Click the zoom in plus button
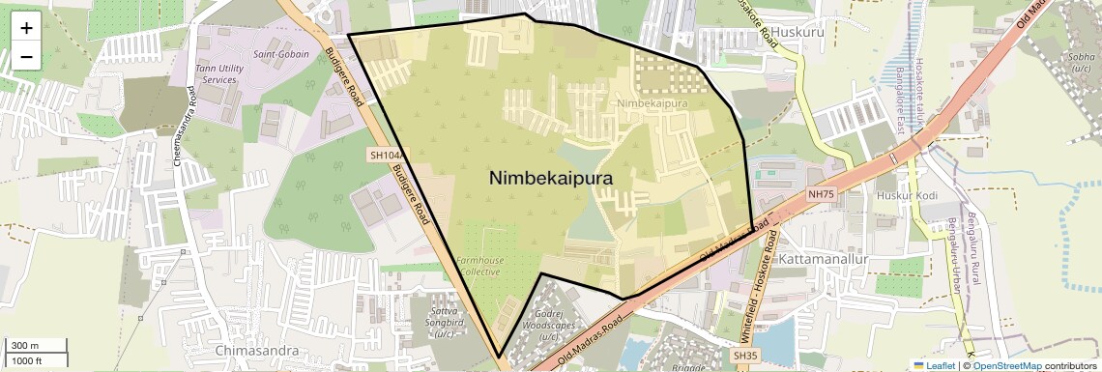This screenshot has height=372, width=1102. (x=26, y=28)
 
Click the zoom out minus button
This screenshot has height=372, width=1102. (x=26, y=57)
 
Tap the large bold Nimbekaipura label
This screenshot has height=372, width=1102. (x=551, y=179)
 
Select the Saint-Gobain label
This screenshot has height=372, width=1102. (x=281, y=55)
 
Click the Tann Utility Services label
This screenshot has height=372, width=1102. (x=216, y=73)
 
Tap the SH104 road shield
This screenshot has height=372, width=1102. (x=383, y=155)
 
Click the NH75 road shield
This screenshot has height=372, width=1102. (x=821, y=194)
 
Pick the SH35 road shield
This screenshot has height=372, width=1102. (x=744, y=357)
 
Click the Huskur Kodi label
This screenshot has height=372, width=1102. (x=905, y=195)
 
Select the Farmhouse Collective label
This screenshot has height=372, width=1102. (x=478, y=266)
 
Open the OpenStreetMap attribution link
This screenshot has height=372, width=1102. (x=1006, y=365)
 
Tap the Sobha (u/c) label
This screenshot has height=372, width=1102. (x=1081, y=63)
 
